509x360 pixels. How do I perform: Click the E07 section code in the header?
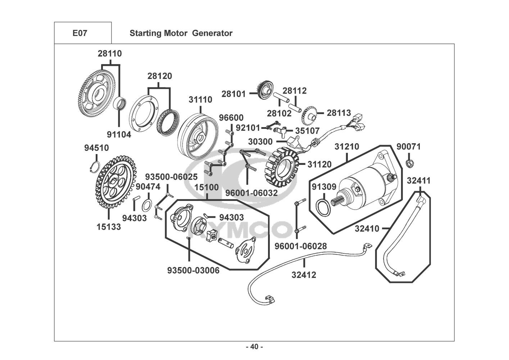[79, 33]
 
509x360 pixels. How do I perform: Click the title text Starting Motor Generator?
[181, 33]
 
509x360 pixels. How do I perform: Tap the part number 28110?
[110, 54]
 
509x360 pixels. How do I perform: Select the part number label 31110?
[200, 99]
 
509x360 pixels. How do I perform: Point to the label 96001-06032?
[251, 193]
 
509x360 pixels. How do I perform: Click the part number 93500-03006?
[193, 270]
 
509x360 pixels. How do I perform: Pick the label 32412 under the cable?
[304, 275]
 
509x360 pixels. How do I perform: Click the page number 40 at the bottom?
[254, 347]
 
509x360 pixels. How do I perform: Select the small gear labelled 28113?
[309, 114]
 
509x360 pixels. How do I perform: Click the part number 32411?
[419, 181]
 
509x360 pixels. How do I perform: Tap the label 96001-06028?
[301, 246]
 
